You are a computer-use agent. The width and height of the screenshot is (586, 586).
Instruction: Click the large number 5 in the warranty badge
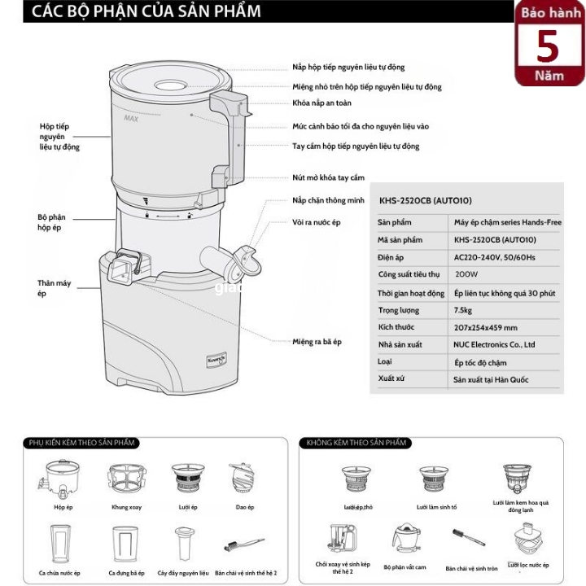coord(549,47)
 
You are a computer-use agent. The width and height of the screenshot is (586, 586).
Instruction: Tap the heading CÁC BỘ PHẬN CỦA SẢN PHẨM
coord(142,11)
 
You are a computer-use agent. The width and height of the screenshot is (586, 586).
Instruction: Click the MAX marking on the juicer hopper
coord(129,118)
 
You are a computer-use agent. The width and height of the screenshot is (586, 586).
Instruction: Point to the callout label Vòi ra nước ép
coord(316,221)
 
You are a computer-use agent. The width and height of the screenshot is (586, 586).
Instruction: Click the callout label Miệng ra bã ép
coord(317,342)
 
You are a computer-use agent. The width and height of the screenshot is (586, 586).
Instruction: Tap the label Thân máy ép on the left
coord(54,288)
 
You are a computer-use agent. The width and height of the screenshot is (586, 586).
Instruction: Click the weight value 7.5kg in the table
coord(464,310)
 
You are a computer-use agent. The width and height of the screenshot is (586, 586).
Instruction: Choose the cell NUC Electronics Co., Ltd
coord(494,344)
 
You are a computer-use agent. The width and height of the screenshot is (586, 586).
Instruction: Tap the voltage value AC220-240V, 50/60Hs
coord(493,257)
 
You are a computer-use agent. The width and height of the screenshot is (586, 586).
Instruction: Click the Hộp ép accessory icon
coord(63,480)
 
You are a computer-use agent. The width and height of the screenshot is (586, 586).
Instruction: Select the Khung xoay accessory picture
coord(127,479)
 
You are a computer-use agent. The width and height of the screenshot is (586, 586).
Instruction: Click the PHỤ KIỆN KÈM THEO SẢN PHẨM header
coord(81,443)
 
